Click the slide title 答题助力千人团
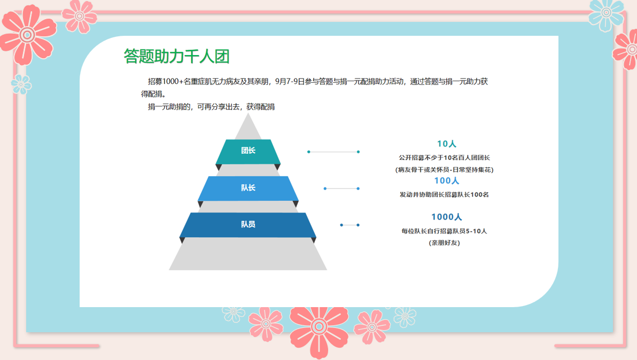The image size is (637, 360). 177,56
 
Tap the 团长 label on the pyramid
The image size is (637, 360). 248,151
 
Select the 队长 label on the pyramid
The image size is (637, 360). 248,187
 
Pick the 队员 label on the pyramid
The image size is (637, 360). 248,224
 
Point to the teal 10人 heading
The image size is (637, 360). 447,144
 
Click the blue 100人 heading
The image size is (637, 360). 446,181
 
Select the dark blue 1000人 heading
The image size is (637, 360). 446,217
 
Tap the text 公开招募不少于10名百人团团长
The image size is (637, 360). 445,158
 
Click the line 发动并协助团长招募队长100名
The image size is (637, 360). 445,194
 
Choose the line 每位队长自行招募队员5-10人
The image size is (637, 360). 445,231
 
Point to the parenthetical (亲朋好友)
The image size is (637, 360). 445,242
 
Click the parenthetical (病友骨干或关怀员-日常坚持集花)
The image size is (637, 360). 445,170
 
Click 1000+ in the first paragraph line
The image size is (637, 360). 173,82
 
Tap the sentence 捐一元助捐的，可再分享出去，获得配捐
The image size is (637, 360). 211,107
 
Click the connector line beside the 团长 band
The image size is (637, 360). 333,152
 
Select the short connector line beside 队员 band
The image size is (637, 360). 350,225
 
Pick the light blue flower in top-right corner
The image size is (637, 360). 606,14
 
